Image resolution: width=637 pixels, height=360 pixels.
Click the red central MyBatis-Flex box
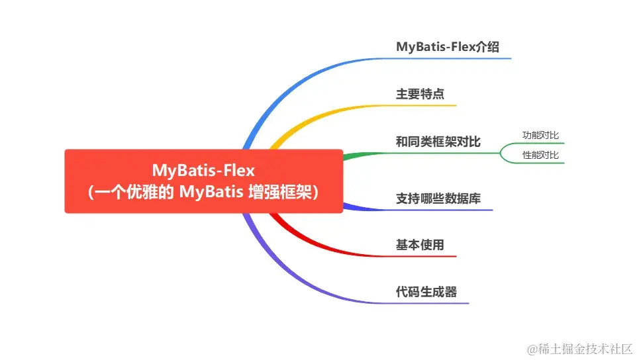[x=203, y=181]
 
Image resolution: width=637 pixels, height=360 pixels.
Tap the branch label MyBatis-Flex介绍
[x=447, y=47]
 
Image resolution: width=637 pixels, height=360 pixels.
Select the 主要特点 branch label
[x=420, y=94]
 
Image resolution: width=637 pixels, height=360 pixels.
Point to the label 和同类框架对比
[x=438, y=142]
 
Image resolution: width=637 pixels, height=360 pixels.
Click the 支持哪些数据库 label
[x=438, y=199]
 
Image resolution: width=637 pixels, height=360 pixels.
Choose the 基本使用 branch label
[x=420, y=245]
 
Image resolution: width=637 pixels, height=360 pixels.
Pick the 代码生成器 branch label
[x=426, y=292]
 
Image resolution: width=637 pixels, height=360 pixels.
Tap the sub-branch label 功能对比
[x=540, y=135]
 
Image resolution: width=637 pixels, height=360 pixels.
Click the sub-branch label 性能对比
[x=540, y=155]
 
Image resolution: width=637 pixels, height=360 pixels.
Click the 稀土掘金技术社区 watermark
[x=580, y=349]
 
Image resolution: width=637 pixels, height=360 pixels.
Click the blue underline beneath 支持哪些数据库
[x=418, y=209]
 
